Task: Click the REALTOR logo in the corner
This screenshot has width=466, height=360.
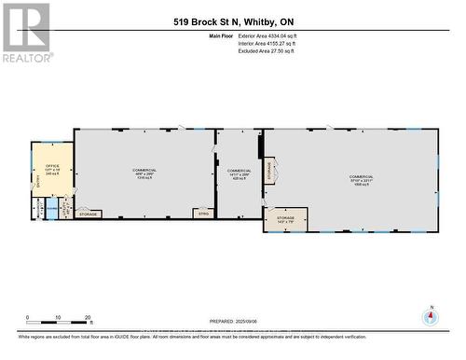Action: [x=26, y=33]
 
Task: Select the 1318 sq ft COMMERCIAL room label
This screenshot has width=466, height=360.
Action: [x=144, y=174]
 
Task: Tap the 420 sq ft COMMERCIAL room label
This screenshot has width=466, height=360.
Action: [x=240, y=174]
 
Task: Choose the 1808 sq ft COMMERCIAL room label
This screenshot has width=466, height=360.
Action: [x=362, y=179]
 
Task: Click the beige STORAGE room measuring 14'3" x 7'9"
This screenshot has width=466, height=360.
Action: [x=285, y=219]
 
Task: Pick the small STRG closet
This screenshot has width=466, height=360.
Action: [x=203, y=214]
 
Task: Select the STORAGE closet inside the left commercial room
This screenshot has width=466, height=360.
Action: [x=89, y=215]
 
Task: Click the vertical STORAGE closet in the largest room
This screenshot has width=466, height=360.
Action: [x=270, y=171]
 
